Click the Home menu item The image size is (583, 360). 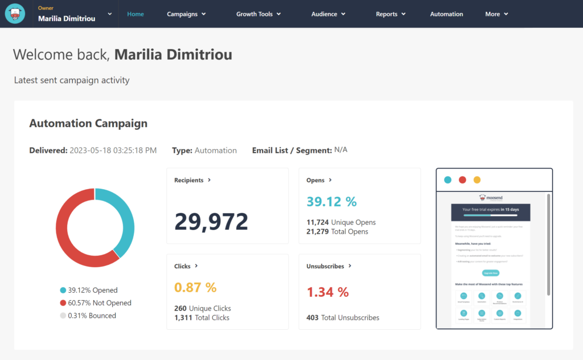click(x=136, y=14)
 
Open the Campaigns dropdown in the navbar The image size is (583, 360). click(x=186, y=14)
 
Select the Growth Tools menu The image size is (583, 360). click(x=258, y=14)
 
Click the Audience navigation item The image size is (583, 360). click(x=328, y=14)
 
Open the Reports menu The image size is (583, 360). click(x=391, y=14)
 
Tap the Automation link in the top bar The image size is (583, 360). click(x=446, y=14)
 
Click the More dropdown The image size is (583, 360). click(x=496, y=14)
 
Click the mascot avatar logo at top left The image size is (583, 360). click(x=15, y=14)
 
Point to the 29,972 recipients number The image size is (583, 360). click(x=211, y=221)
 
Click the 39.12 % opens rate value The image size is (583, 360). click(x=331, y=202)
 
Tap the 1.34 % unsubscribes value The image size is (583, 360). click(x=327, y=292)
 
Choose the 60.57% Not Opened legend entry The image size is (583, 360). click(x=95, y=303)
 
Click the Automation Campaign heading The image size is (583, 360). click(x=88, y=123)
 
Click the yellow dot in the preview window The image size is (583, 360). click(x=477, y=180)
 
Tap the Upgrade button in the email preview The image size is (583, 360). click(x=490, y=273)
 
